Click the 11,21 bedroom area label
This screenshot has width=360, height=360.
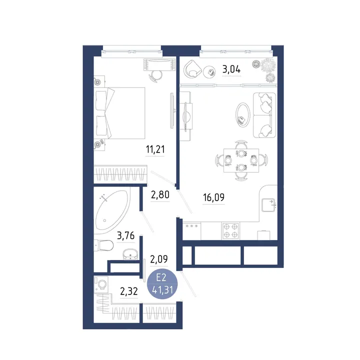pyautogui.click(x=155, y=149)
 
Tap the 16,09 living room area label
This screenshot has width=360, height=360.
pyautogui.click(x=214, y=197)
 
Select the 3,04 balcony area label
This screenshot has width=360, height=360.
pyautogui.click(x=231, y=69)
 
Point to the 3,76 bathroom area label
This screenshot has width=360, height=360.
pyautogui.click(x=125, y=235)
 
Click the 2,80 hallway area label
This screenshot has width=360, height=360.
pyautogui.click(x=160, y=194)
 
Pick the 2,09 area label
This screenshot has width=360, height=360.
pyautogui.click(x=159, y=259)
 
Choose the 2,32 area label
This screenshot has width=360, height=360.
pyautogui.click(x=129, y=291)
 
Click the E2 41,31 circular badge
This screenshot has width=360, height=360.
pyautogui.click(x=162, y=284)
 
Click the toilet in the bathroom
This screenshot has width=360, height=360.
pyautogui.click(x=103, y=245)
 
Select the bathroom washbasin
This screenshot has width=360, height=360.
pyautogui.click(x=130, y=254)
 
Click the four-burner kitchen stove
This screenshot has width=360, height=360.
pyautogui.click(x=230, y=230)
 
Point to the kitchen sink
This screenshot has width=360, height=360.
pyautogui.click(x=268, y=205)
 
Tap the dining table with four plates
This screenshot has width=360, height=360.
pyautogui.click(x=241, y=160)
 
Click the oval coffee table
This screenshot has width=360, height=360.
pyautogui.click(x=243, y=115)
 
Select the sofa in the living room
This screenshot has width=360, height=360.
pyautogui.click(x=264, y=115)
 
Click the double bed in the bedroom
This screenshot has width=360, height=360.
pyautogui.click(x=119, y=113)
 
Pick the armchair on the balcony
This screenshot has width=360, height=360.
pyautogui.click(x=192, y=69)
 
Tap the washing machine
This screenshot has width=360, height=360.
pyautogui.click(x=101, y=284)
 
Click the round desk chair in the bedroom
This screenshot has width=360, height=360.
pyautogui.click(x=156, y=76)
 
